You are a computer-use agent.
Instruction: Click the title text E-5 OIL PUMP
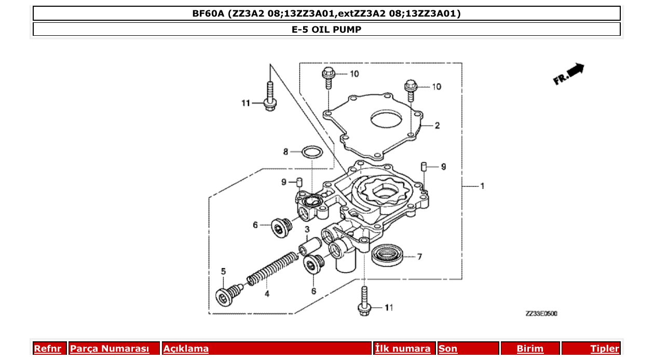point(326,30)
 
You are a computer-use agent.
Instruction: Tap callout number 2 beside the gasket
point(437,126)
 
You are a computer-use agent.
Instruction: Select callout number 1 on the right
point(482,186)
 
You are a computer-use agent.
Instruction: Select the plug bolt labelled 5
point(226,295)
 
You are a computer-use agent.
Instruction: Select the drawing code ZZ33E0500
point(541,313)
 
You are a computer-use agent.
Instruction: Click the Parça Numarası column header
point(110,349)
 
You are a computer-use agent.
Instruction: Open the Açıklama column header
point(186,349)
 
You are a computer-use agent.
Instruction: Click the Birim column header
point(529,349)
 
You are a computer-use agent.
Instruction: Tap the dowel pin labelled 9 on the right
point(423,167)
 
